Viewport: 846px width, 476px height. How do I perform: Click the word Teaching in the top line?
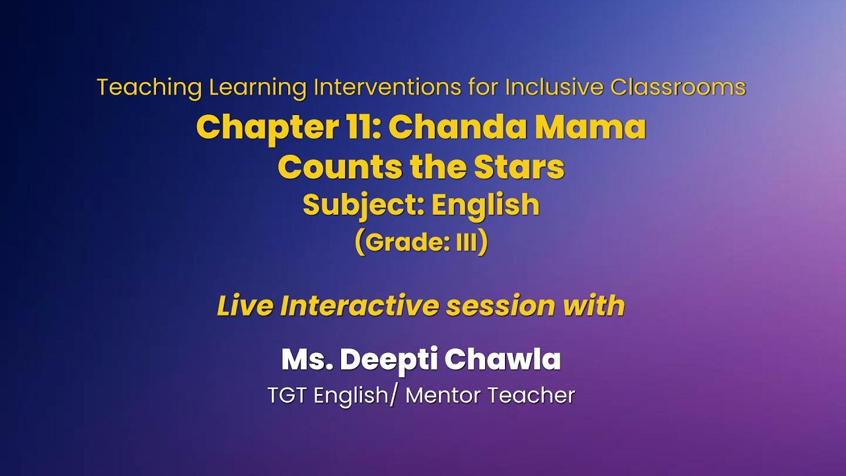(x=149, y=88)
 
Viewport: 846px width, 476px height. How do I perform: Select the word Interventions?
(x=387, y=87)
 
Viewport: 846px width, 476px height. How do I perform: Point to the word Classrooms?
(x=678, y=87)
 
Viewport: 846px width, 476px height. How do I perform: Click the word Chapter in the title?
(x=267, y=128)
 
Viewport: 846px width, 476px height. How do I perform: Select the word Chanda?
(x=457, y=128)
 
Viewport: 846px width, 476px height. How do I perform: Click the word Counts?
(x=340, y=168)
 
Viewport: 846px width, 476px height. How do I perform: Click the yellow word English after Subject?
(x=485, y=204)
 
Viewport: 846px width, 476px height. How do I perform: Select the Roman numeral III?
(x=467, y=243)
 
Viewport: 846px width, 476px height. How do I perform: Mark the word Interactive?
(x=359, y=305)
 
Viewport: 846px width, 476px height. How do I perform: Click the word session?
(x=501, y=306)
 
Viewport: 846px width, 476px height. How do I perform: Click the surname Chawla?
(x=503, y=359)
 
